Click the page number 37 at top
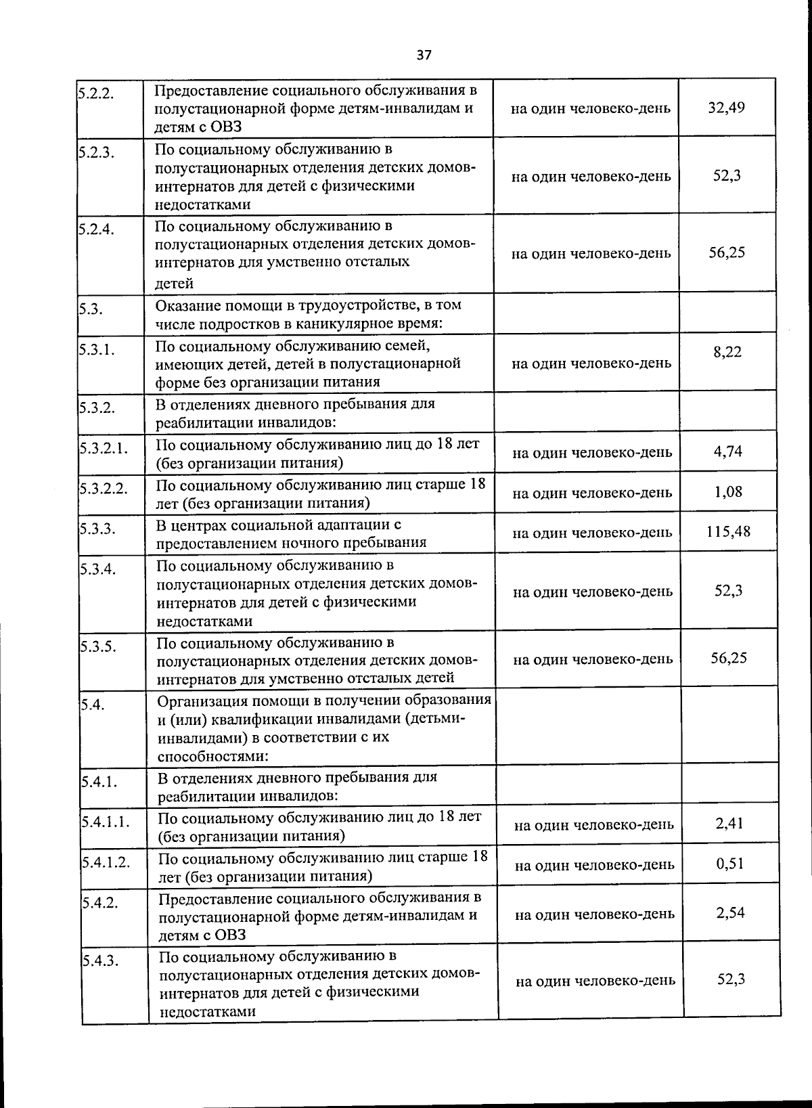(424, 56)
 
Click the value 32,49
(726, 108)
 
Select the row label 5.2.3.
(95, 152)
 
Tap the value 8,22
(727, 352)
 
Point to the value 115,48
(728, 531)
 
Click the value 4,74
(728, 451)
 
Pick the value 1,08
(728, 491)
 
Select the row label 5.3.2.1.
(104, 447)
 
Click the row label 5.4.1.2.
(106, 862)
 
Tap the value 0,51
(730, 864)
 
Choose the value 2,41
(729, 823)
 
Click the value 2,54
(730, 912)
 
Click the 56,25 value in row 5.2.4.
(727, 252)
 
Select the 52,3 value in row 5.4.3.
(731, 979)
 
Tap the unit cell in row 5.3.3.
(592, 533)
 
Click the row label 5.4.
(92, 705)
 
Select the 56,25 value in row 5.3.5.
(729, 657)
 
